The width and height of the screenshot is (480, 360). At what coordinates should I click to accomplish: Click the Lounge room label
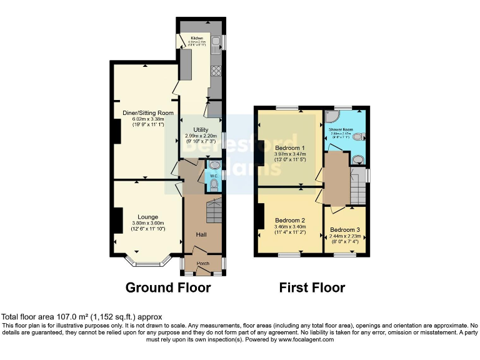147,217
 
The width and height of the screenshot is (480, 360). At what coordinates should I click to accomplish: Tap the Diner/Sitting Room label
147,112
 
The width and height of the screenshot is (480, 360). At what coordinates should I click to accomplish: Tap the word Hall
201,234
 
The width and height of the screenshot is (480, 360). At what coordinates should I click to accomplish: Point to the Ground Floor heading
168,287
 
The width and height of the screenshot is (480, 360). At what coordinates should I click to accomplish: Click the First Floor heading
312,287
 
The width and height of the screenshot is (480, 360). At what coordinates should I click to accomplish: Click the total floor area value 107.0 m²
62,316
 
